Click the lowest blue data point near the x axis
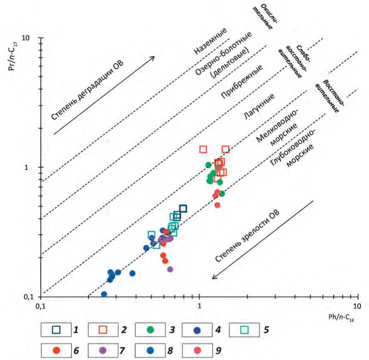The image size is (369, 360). click(x=104, y=295)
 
